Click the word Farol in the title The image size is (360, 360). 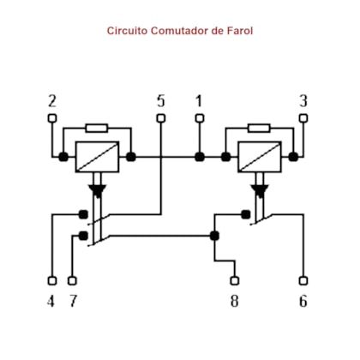pyautogui.click(x=240, y=31)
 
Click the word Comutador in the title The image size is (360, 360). pyautogui.click(x=180, y=31)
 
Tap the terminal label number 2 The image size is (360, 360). pyautogui.click(x=52, y=101)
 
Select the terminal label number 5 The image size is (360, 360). pyautogui.click(x=161, y=101)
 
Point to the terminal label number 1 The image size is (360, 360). pyautogui.click(x=199, y=101)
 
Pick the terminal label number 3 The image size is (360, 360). pyautogui.click(x=303, y=101)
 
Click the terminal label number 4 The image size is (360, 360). pyautogui.click(x=51, y=301)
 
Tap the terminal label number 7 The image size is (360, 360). pyautogui.click(x=74, y=301)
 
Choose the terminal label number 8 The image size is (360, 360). pyautogui.click(x=235, y=301)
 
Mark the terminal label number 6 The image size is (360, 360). pyautogui.click(x=303, y=301)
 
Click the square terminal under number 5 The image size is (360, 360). pyautogui.click(x=161, y=118)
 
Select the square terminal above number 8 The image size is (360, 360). pyautogui.click(x=235, y=281)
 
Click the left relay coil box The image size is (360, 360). pyautogui.click(x=97, y=157)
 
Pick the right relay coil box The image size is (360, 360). pyautogui.click(x=260, y=157)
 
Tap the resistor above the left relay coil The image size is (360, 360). pyautogui.click(x=97, y=128)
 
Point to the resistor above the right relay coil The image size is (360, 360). pyautogui.click(x=259, y=128)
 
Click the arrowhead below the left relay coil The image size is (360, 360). pyautogui.click(x=97, y=191)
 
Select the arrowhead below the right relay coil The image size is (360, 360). pyautogui.click(x=260, y=191)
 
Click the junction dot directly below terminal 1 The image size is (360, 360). pyautogui.click(x=200, y=157)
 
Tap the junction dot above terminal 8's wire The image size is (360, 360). pyautogui.click(x=214, y=236)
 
